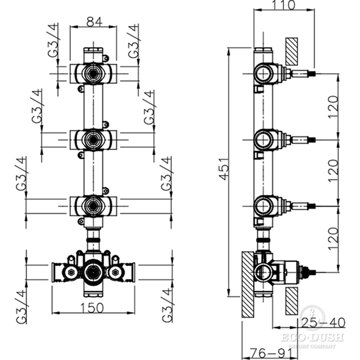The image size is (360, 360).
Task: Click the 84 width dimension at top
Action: (x=93, y=22)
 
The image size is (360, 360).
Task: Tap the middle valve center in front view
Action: (x=93, y=138)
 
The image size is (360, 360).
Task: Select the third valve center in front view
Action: (x=93, y=205)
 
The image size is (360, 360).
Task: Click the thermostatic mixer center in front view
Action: (x=93, y=271)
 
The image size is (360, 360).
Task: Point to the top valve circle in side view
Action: (x=263, y=74)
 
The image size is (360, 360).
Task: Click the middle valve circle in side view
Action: (x=263, y=139)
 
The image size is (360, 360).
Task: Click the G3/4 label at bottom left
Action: (x=22, y=307)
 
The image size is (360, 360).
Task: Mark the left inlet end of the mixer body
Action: (x=55, y=271)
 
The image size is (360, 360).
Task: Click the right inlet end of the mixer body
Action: (x=132, y=271)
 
